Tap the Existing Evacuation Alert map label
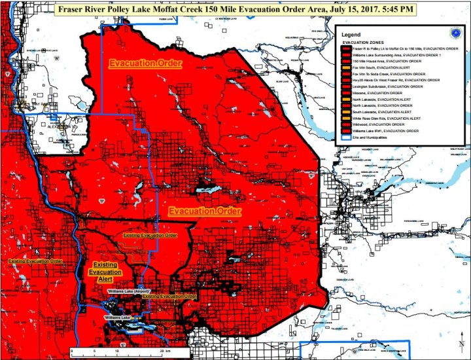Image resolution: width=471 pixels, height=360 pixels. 105,271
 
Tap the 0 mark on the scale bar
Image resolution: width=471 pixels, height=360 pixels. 71,351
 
